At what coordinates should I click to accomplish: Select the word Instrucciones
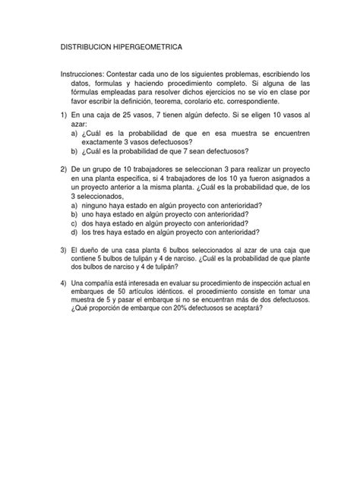coord(87,74)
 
